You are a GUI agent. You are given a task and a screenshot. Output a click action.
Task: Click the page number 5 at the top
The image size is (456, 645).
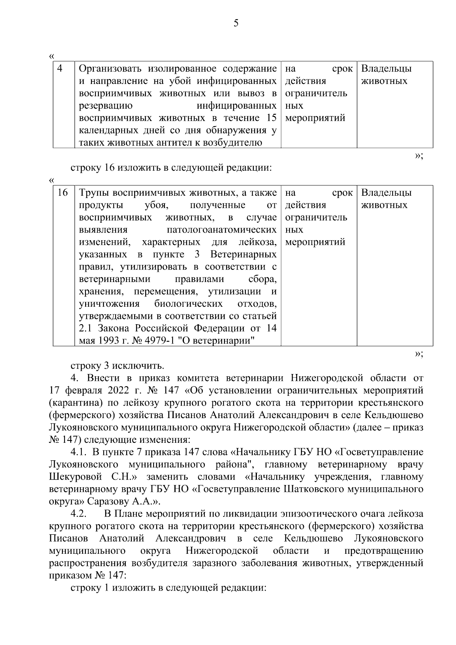click(236, 24)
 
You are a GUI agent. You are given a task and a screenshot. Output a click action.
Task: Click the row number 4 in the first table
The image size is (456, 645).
click(60, 69)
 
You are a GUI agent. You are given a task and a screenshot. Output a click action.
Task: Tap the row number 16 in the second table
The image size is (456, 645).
click(62, 193)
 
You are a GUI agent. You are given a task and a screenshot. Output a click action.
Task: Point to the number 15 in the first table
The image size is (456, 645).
click(271, 118)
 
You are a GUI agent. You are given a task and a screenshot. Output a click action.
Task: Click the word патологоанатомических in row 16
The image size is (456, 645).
click(222, 230)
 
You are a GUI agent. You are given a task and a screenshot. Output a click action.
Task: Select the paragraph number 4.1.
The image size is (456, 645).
click(79, 452)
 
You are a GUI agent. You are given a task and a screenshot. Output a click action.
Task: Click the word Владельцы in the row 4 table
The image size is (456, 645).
click(386, 69)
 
